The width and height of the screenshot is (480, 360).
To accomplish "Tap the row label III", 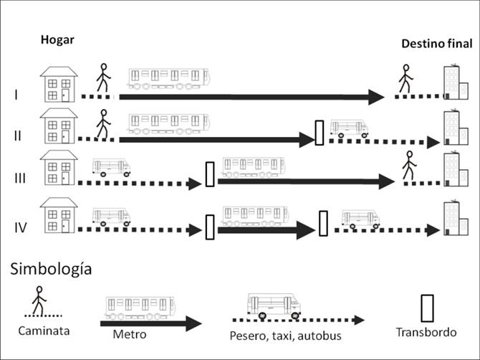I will [x=20, y=177].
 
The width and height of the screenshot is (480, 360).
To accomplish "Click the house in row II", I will [x=59, y=128].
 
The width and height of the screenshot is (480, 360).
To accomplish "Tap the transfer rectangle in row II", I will [x=320, y=133].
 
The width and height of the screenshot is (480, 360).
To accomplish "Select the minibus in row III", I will [x=112, y=168].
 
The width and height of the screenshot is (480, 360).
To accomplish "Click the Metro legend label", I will [x=129, y=334].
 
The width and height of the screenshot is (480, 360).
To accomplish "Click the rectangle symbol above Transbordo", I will [x=427, y=307].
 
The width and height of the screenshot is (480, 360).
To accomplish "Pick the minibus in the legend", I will [x=274, y=306].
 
